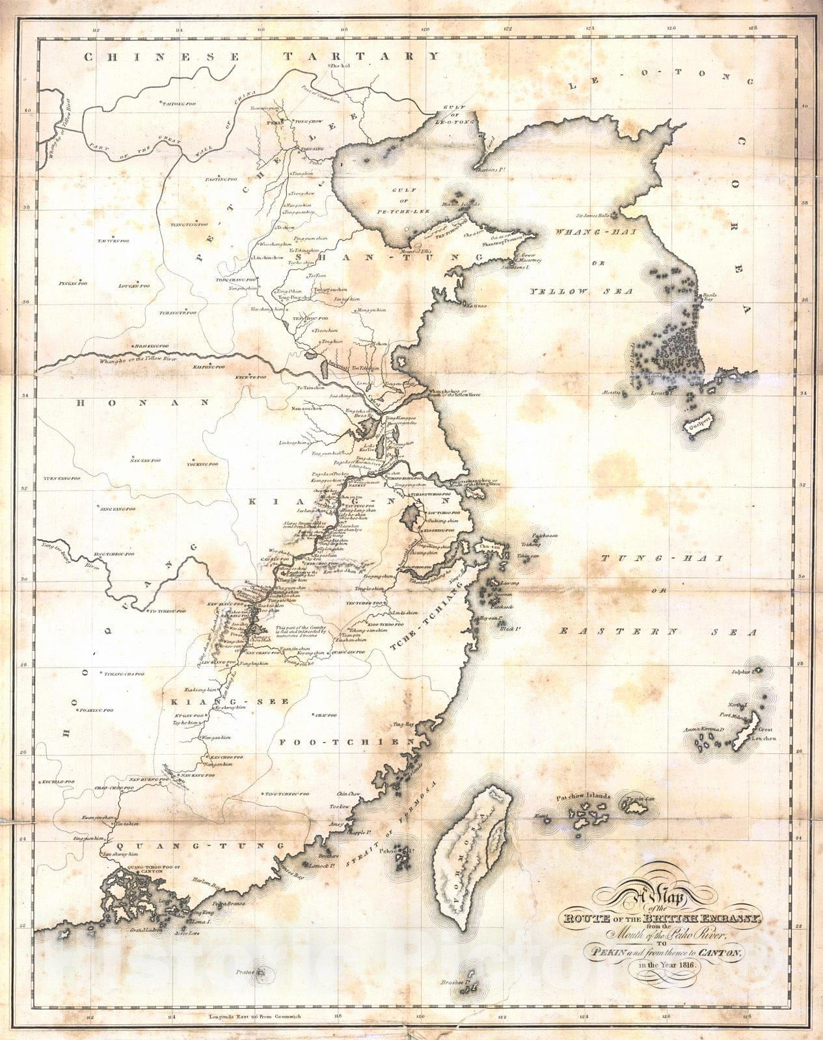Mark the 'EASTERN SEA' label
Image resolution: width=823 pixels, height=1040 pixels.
pyautogui.click(x=658, y=632)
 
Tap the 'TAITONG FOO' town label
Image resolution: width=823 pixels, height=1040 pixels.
pyautogui.click(x=179, y=103)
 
